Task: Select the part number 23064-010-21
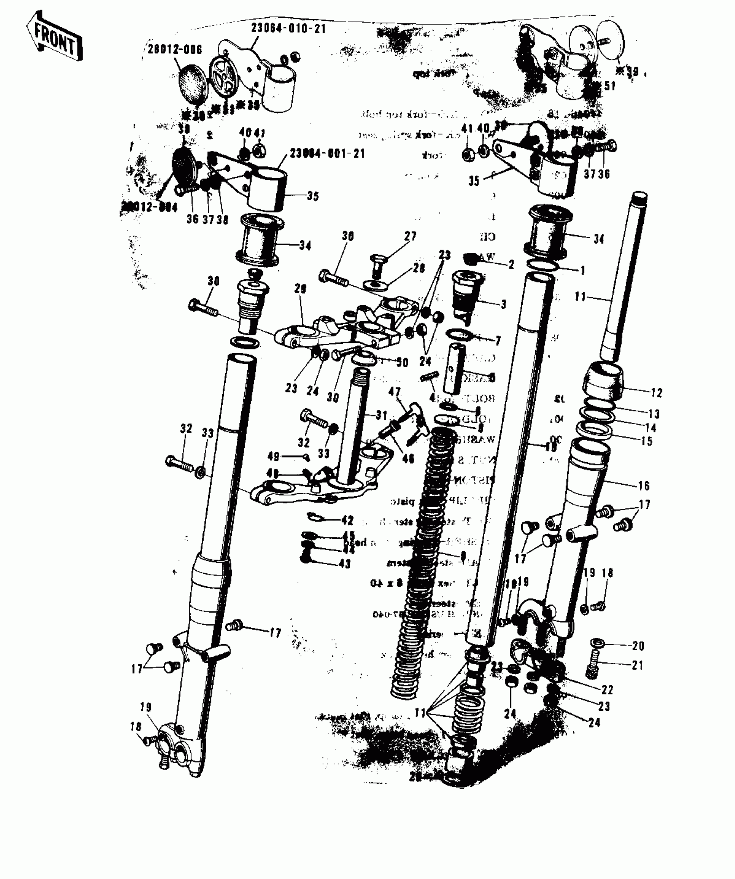pyautogui.click(x=288, y=29)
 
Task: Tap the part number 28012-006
pyautogui.click(x=174, y=49)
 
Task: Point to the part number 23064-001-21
pyautogui.click(x=327, y=153)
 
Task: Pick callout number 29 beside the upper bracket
pyautogui.click(x=300, y=289)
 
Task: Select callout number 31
pyautogui.click(x=381, y=416)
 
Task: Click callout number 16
pyautogui.click(x=644, y=486)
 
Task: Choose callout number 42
pyautogui.click(x=347, y=520)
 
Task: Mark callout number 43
pyautogui.click(x=345, y=564)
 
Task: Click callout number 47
pyautogui.click(x=394, y=392)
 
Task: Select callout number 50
pyautogui.click(x=402, y=362)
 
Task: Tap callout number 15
pyautogui.click(x=647, y=441)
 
